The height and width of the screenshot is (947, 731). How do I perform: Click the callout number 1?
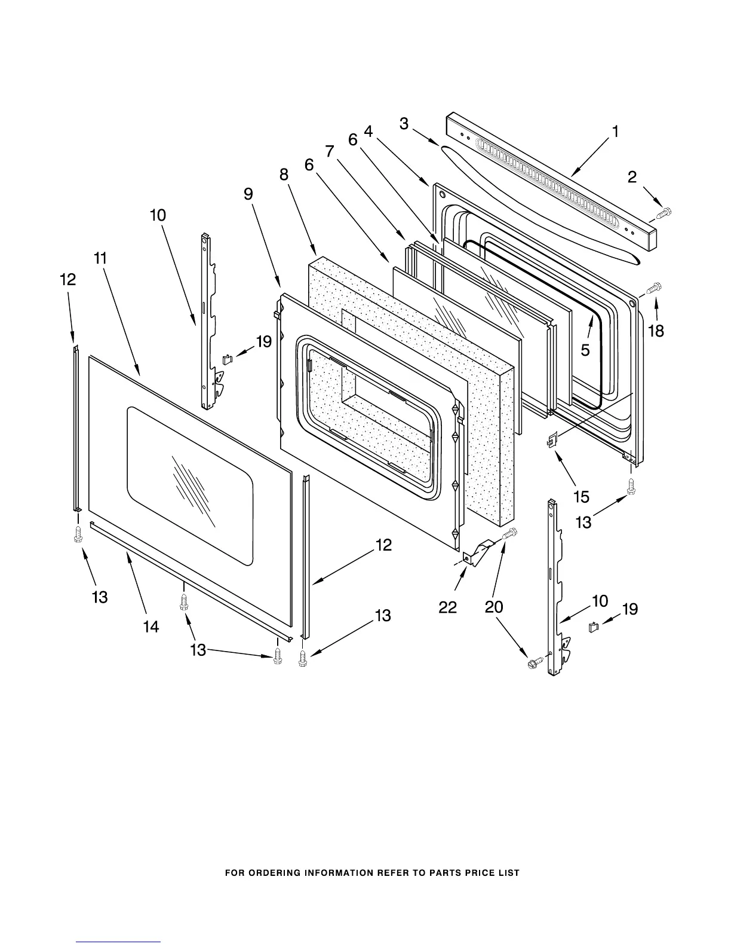[615, 132]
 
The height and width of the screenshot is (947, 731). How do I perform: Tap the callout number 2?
[632, 176]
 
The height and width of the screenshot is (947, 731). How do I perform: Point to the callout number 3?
[404, 124]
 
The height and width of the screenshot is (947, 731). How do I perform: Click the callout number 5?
[585, 350]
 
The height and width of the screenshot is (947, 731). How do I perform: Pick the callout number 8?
[284, 175]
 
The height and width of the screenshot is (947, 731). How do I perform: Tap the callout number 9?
[248, 194]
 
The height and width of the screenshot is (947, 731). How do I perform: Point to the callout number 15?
[581, 496]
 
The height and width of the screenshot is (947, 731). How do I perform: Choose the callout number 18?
[656, 331]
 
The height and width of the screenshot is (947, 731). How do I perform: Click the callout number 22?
[448, 607]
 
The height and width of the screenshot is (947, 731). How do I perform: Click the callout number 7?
[330, 152]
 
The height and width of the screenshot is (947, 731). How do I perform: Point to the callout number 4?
[368, 132]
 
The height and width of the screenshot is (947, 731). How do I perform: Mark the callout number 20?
[494, 607]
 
